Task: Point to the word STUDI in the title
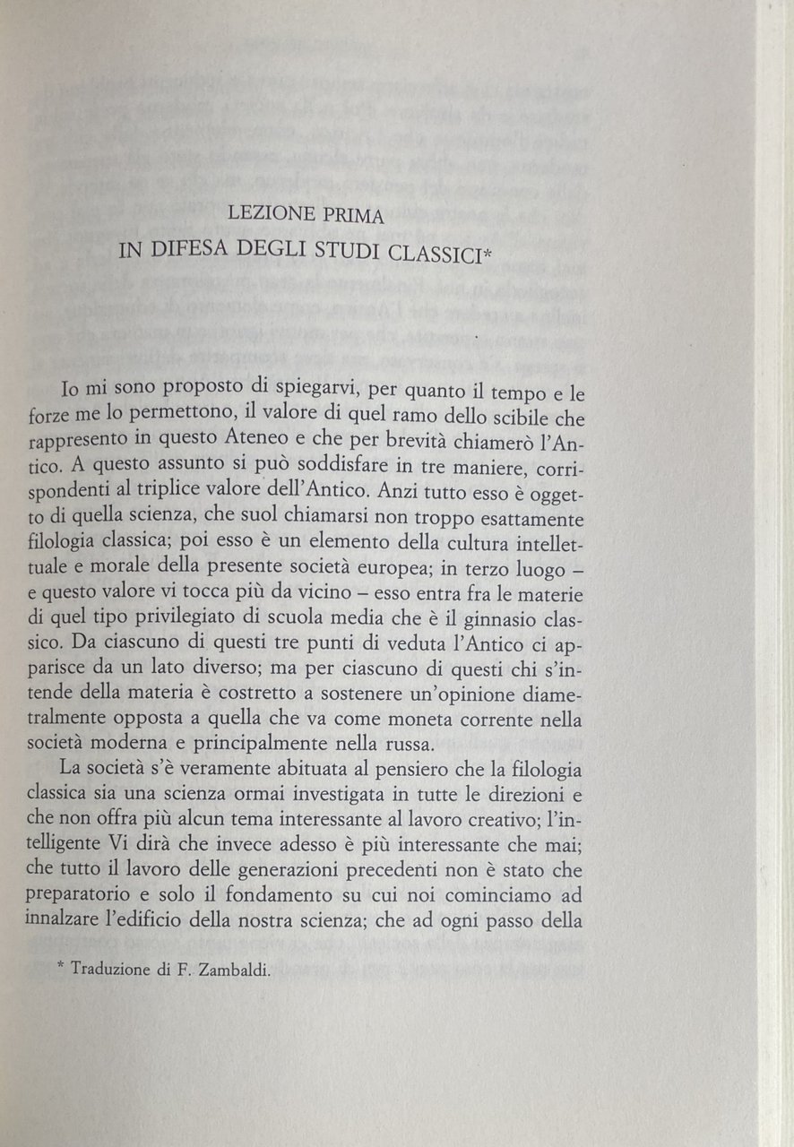click(339, 252)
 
